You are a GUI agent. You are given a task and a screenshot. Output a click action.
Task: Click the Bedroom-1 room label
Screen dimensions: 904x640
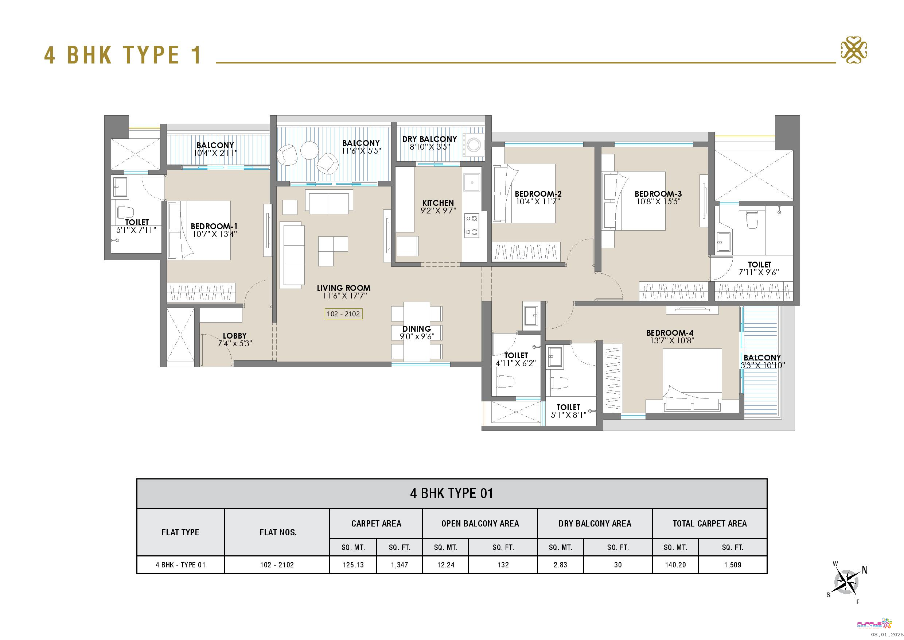[214, 226]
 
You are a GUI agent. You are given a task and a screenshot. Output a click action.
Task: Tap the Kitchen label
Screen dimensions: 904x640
[438, 203]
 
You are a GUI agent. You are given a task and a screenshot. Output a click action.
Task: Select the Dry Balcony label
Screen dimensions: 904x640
[429, 139]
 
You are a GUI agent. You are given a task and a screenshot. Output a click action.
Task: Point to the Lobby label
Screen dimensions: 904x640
[235, 336]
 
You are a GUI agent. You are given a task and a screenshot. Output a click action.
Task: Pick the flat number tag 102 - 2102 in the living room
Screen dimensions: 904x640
[343, 314]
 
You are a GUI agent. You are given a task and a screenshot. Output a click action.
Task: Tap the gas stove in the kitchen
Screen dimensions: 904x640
[472, 225]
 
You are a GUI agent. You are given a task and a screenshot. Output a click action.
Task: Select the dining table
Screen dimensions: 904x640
[417, 331]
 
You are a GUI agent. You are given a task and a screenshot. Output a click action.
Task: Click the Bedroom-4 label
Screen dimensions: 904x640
[670, 333]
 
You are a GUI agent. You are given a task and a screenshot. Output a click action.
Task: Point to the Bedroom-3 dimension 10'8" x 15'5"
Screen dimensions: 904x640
[658, 202]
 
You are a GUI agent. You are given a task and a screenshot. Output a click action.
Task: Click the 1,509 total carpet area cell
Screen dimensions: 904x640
[732, 565]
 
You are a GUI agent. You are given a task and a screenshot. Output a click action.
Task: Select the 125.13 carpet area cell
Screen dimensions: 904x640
[353, 565]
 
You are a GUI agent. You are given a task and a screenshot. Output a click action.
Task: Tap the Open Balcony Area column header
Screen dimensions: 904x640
[480, 523]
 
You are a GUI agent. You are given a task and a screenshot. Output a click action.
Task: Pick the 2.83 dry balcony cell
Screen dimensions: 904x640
[560, 565]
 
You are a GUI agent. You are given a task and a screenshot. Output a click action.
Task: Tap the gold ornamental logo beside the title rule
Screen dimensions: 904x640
[854, 50]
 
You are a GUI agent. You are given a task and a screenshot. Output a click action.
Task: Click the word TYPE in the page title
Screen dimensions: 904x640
[151, 55]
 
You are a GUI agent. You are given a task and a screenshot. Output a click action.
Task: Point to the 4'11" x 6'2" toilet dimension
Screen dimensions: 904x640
[515, 363]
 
